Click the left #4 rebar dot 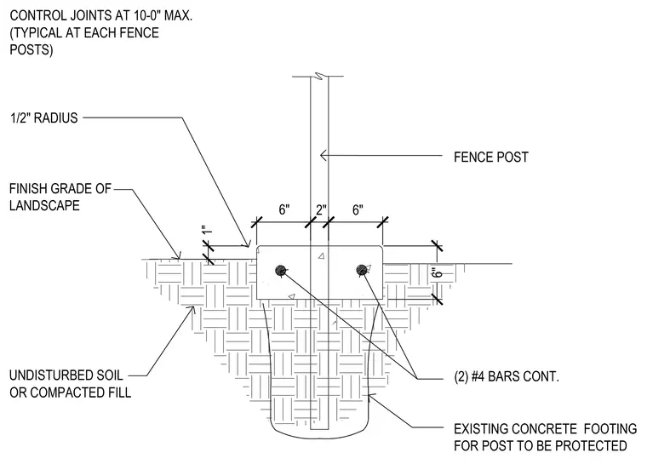tap(281, 271)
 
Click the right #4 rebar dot tap(362, 270)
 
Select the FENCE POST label tap(491, 157)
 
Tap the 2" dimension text tap(321, 209)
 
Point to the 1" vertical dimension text tap(207, 230)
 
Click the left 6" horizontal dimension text tap(284, 209)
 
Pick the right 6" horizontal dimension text tap(358, 209)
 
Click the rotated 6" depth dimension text tap(437, 273)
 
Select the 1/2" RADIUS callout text tap(43, 118)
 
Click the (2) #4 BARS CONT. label tap(507, 376)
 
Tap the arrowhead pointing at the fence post tap(323, 155)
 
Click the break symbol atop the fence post tap(318, 76)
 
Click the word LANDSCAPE tap(44, 205)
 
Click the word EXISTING tap(480, 429)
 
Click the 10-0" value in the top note tap(146, 15)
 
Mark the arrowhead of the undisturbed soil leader tap(192, 309)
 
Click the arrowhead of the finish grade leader tap(178, 255)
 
